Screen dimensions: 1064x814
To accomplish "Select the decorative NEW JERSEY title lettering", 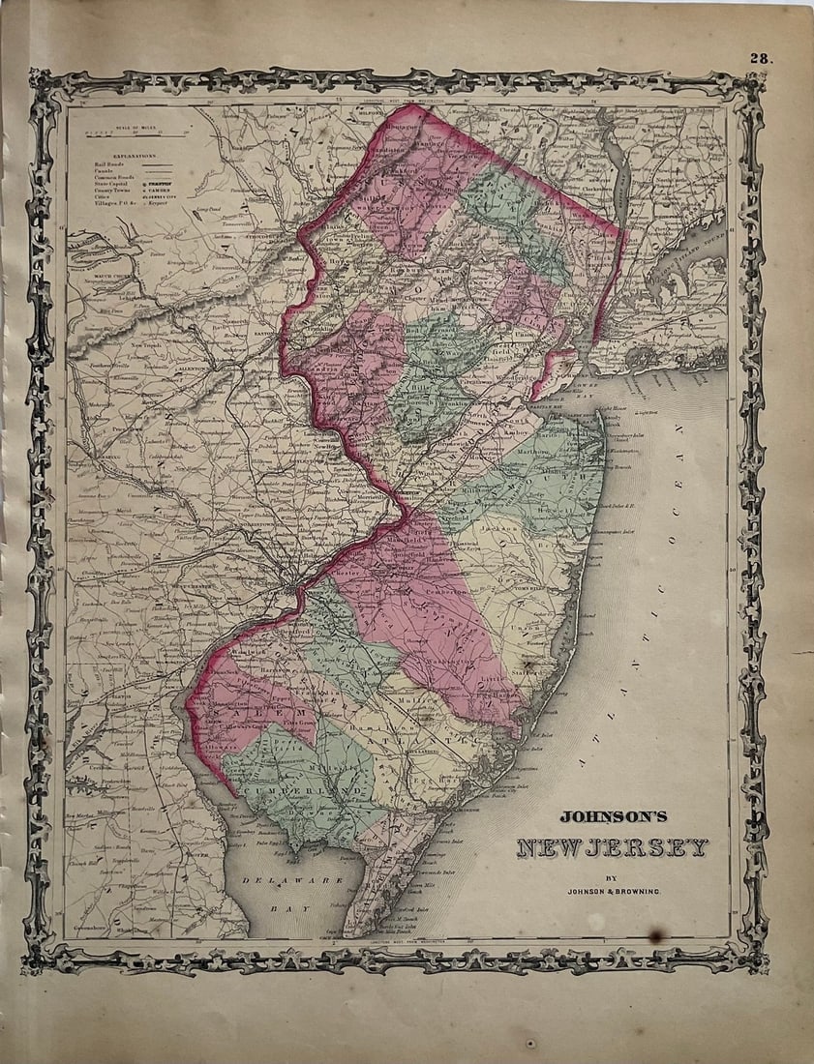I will (612, 848).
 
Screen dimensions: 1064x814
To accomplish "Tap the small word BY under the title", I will (611, 877).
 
